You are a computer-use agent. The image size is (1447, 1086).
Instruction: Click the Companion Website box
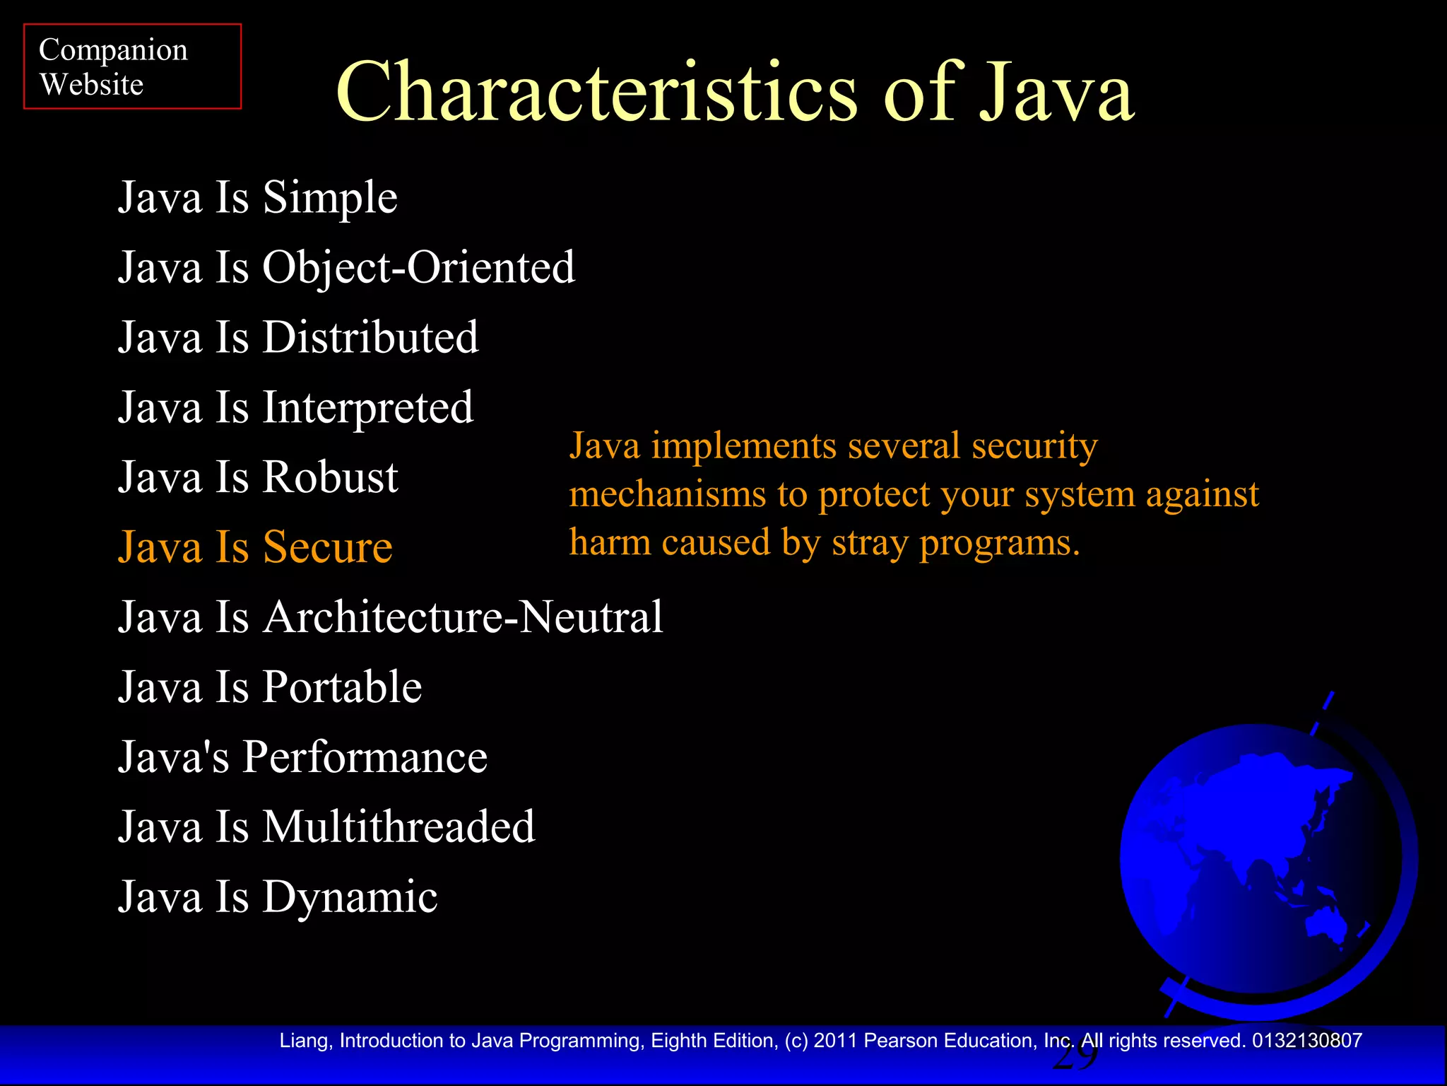[132, 66]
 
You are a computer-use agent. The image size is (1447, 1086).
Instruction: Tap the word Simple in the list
[330, 197]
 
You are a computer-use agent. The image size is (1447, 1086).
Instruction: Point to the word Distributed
[370, 337]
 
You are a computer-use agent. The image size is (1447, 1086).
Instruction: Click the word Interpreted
[367, 408]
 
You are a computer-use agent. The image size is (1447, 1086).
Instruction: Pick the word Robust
[330, 477]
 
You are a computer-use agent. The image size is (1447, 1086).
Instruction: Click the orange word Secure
[327, 547]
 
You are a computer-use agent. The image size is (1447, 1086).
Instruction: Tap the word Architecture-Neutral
[463, 617]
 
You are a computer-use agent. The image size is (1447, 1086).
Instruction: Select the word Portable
[342, 687]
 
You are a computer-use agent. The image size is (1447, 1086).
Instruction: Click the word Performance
[365, 757]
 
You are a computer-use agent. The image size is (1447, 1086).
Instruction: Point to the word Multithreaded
[398, 827]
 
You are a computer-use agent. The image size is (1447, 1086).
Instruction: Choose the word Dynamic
[350, 897]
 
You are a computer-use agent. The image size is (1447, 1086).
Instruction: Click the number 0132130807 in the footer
[1307, 1041]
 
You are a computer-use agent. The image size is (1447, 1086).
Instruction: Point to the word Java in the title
[1056, 93]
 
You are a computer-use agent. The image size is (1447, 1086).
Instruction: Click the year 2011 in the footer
[836, 1041]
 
